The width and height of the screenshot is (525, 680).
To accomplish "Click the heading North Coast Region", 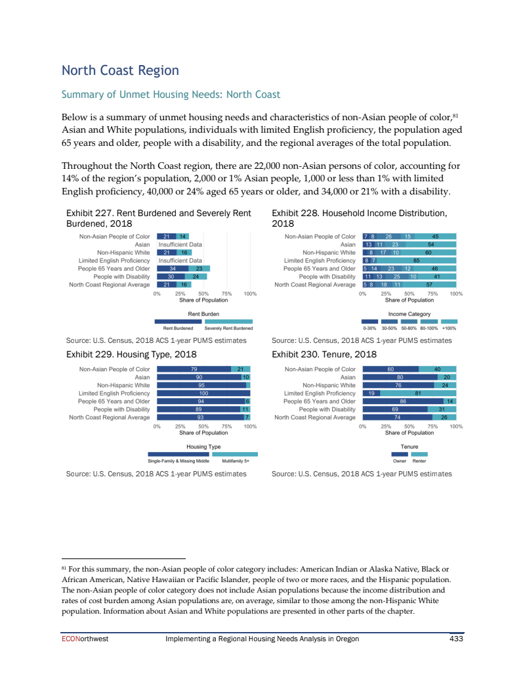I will coord(120,70).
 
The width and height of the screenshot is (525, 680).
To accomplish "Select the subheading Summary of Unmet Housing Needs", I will coord(171,95).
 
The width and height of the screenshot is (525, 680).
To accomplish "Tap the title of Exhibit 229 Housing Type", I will coord(132,353).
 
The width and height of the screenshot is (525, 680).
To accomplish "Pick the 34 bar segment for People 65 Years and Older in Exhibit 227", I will coord(172,268).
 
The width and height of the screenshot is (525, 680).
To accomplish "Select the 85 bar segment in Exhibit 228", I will coord(416,260).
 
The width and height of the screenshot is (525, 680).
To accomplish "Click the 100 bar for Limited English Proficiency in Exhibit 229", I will coord(203,393).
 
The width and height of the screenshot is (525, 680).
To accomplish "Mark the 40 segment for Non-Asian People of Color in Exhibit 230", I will coord(437,369).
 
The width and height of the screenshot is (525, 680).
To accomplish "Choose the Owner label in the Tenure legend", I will coord(399,461).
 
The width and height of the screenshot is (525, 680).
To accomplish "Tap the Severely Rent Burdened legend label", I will coord(228,328).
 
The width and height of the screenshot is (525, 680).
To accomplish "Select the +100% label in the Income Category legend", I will coord(449,328).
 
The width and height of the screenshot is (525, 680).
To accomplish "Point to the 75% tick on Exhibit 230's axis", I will coord(432,426).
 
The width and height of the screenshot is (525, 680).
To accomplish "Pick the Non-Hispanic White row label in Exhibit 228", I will coord(329,252).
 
